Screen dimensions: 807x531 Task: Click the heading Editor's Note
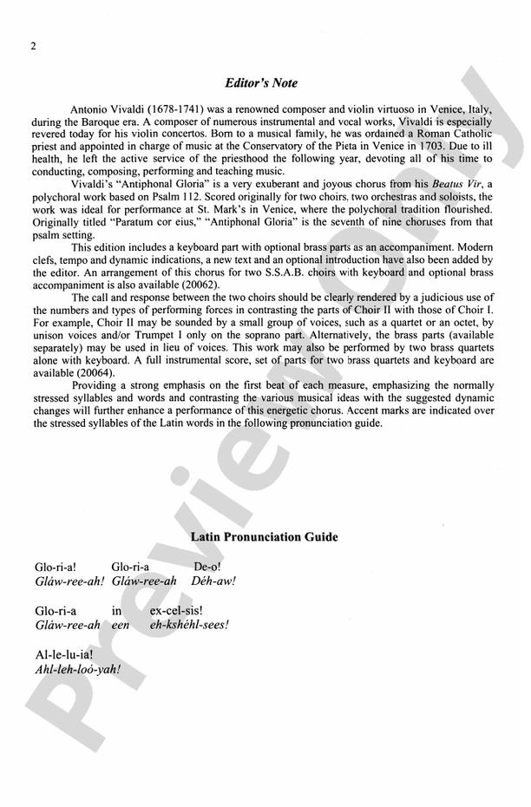(x=260, y=83)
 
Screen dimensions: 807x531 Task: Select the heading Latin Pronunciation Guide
(x=264, y=537)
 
